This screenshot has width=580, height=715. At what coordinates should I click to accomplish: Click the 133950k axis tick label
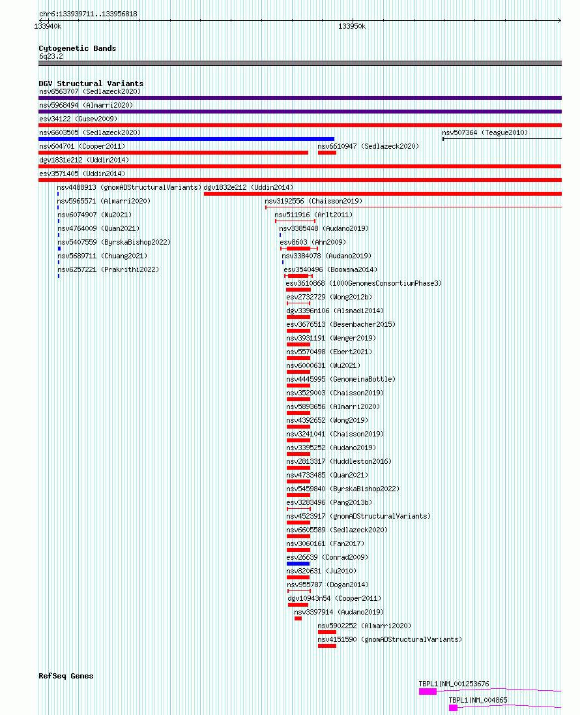[352, 27]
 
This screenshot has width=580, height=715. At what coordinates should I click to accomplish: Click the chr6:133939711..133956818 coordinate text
[88, 14]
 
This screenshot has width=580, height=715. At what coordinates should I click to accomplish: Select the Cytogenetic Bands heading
[78, 48]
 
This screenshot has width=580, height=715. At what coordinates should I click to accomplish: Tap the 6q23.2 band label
[51, 57]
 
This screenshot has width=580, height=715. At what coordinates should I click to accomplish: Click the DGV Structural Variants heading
[91, 84]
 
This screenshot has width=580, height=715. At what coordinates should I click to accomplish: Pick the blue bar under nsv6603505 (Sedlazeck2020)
[186, 139]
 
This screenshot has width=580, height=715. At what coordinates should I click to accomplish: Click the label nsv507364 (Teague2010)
[485, 132]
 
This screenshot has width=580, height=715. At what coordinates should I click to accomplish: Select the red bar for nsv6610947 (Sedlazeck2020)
[326, 153]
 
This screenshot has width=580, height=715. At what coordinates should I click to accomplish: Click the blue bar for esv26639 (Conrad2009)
[298, 564]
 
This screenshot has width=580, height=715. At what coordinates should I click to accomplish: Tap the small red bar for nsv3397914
[298, 618]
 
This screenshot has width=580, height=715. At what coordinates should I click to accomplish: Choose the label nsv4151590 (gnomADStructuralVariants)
[390, 640]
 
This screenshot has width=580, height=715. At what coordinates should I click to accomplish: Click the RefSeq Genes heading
[66, 676]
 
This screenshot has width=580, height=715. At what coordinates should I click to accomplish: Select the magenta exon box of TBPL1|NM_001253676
[428, 692]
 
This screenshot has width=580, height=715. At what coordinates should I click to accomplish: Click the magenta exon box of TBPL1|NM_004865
[453, 708]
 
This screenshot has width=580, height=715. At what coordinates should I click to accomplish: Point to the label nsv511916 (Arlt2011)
[313, 215]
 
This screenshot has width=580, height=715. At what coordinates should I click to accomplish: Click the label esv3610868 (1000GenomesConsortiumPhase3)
[364, 283]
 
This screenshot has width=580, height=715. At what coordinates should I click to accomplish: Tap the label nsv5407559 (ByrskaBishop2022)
[114, 242]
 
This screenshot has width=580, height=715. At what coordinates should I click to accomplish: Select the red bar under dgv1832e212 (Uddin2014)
[383, 194]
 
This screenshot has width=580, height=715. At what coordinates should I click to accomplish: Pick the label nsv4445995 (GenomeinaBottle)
[341, 379]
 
